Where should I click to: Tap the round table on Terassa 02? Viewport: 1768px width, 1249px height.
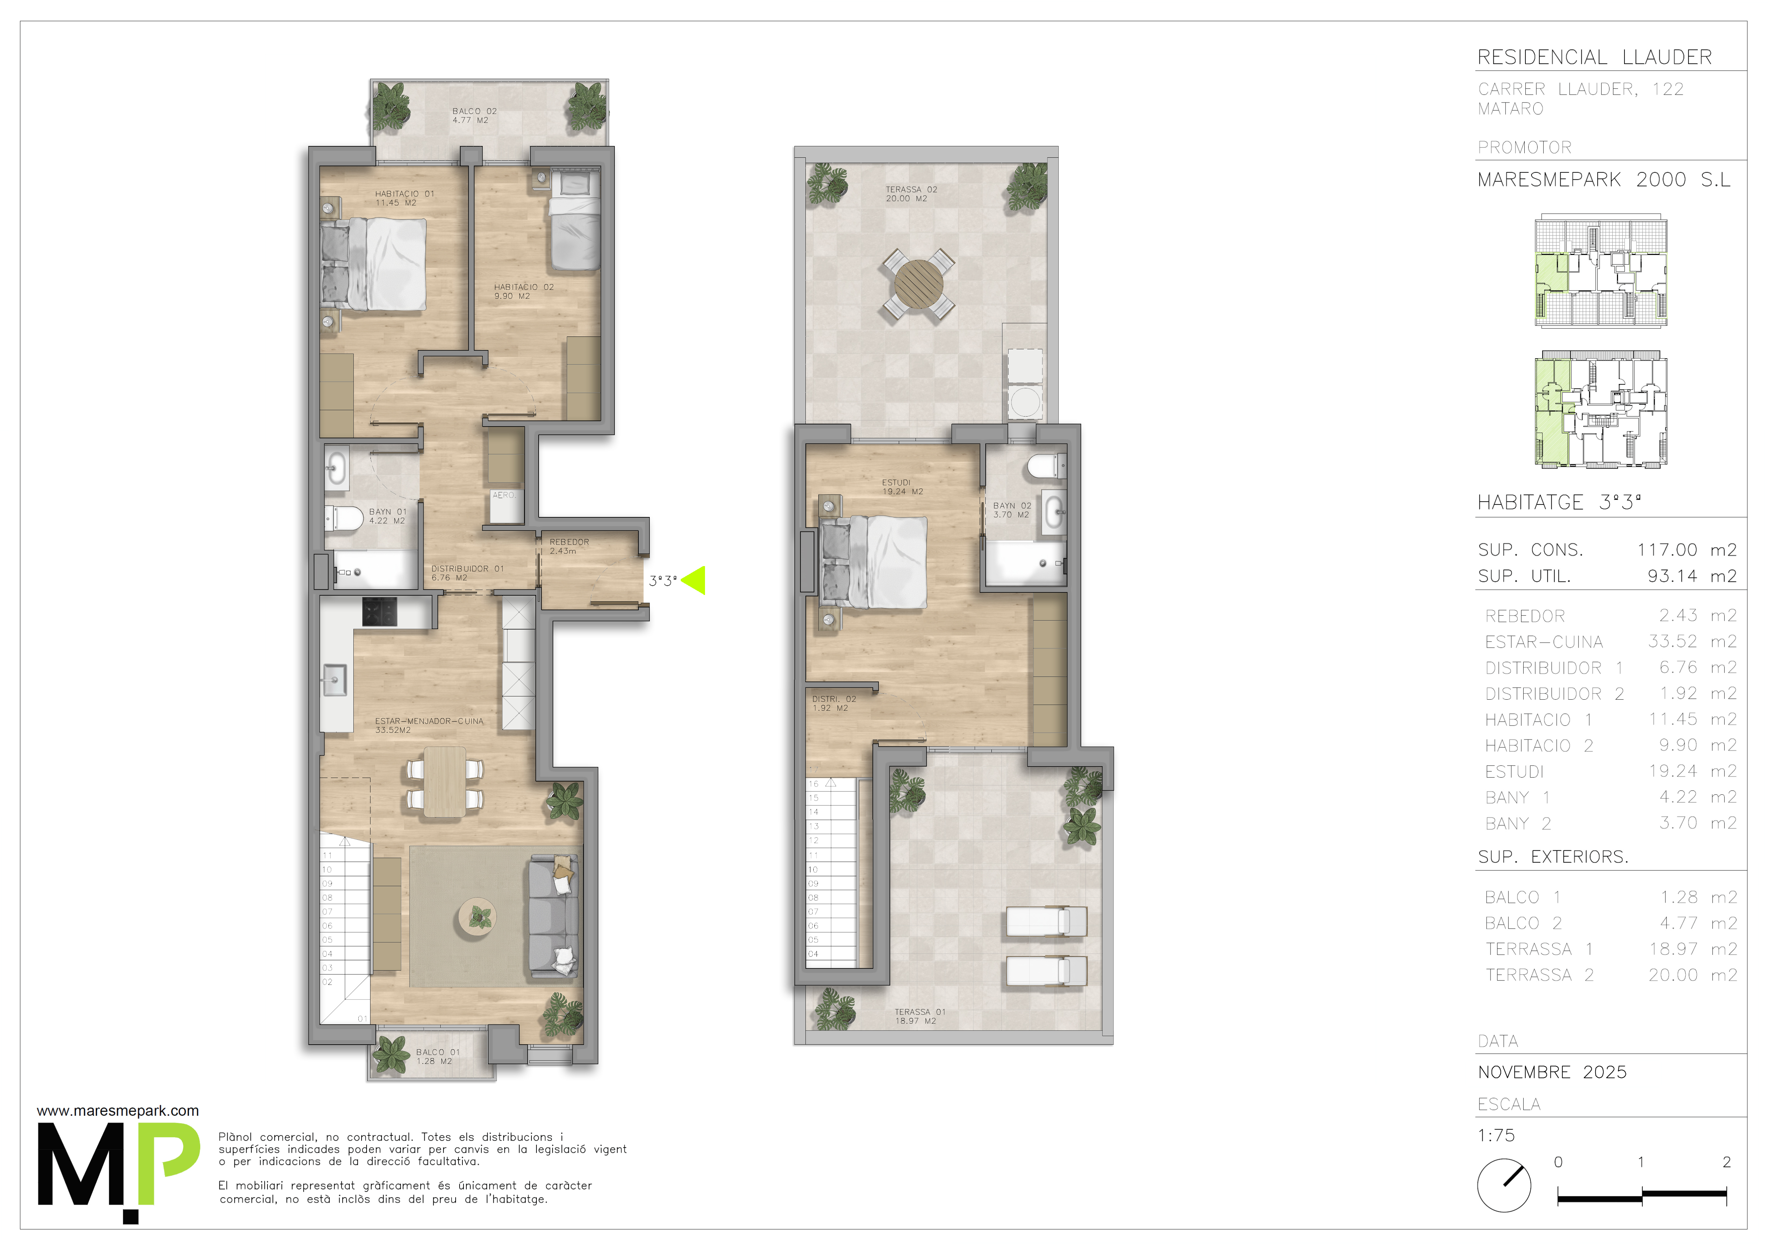919,284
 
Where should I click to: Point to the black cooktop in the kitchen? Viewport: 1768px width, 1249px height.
380,612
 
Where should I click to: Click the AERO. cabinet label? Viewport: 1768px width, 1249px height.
504,496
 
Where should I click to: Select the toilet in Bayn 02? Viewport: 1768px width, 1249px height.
1047,466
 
